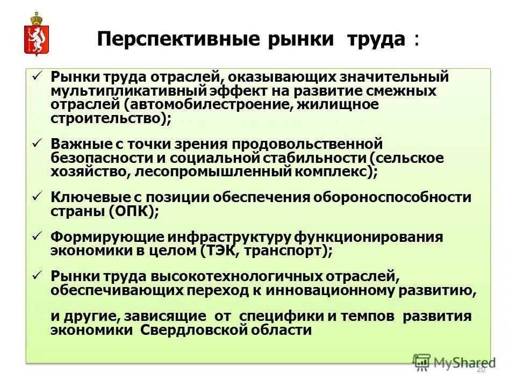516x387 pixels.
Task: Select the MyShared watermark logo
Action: [454, 362]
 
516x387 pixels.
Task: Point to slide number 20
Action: [481, 370]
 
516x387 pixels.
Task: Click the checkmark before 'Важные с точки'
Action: [37, 143]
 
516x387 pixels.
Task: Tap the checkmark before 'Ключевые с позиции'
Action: [37, 196]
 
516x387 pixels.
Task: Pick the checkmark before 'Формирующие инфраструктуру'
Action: [37, 236]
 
